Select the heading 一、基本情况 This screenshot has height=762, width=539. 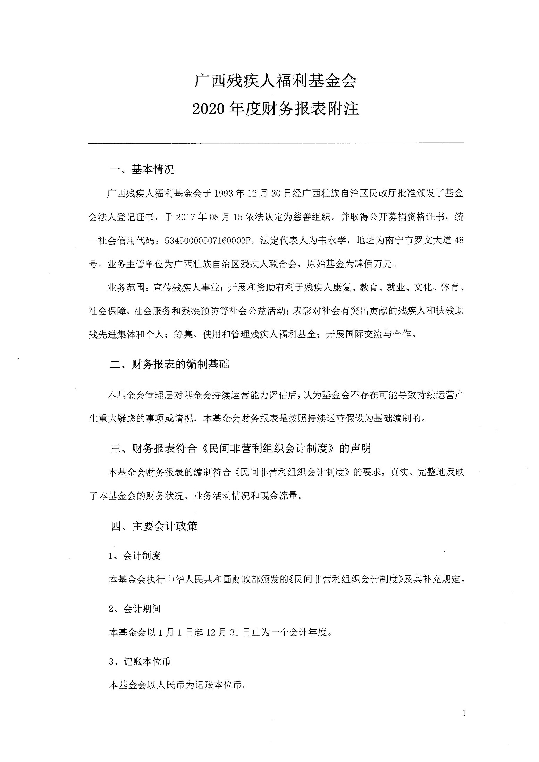pos(142,170)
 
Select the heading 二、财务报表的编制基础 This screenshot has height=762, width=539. pos(170,365)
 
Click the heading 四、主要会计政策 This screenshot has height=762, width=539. pos(154,526)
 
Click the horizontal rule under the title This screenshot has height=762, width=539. pos(275,143)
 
